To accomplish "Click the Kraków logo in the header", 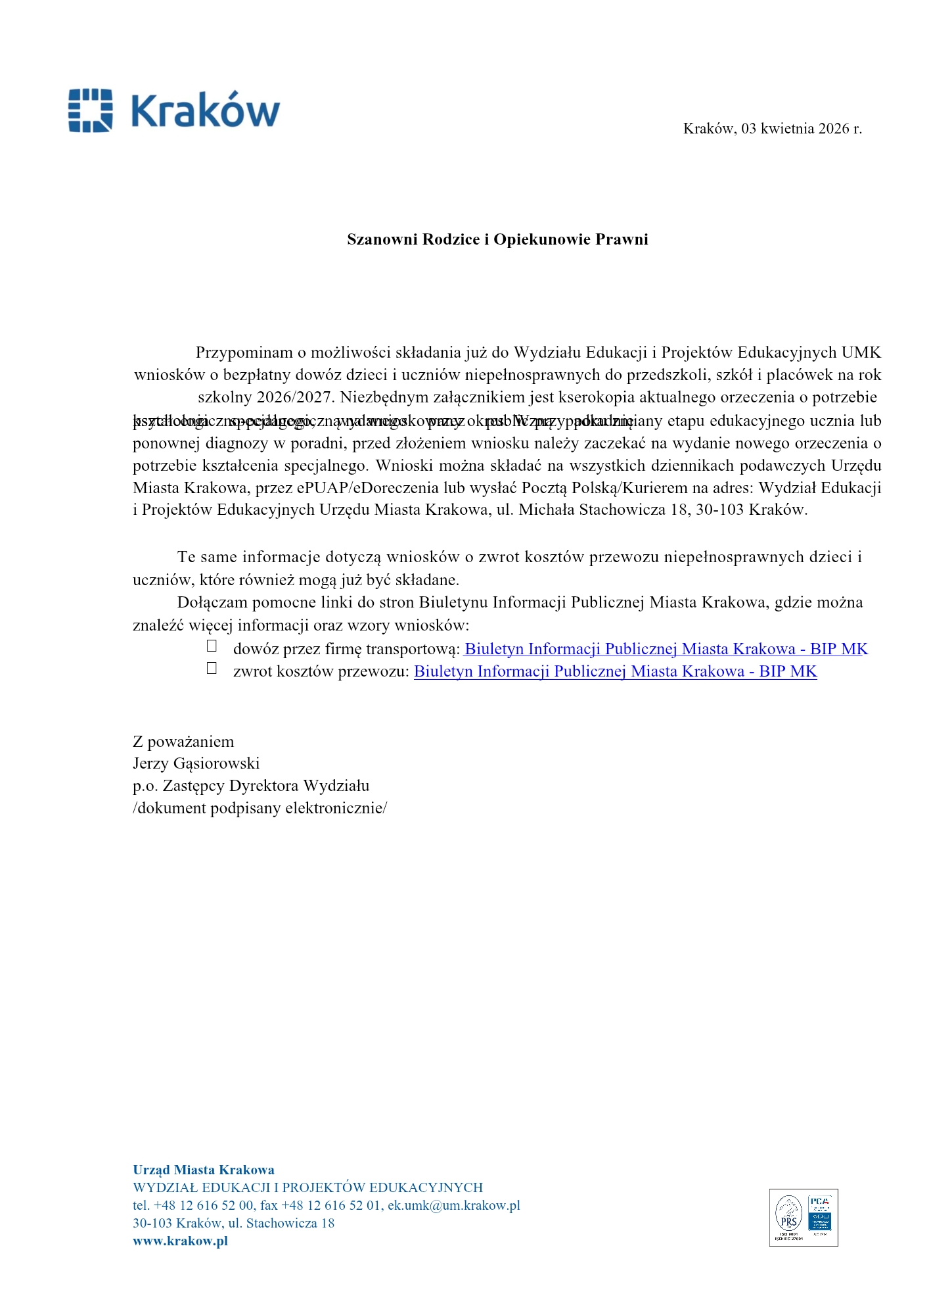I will point(174,110).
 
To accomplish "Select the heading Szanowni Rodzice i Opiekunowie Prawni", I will point(497,239).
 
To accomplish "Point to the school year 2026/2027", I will point(293,397).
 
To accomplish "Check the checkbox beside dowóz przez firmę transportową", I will point(212,646).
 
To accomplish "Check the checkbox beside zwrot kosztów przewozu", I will point(212,669).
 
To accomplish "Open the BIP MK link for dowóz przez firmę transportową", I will point(666,650).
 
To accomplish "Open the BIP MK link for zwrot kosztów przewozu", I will point(615,672).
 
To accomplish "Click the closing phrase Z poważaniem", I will point(183,742).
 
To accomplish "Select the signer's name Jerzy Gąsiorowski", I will point(196,763).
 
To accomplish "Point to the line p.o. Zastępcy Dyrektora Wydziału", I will point(251,786).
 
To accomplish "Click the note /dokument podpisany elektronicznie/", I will point(260,808).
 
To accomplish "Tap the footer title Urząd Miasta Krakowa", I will point(204,1170).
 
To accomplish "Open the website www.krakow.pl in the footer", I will point(180,1241).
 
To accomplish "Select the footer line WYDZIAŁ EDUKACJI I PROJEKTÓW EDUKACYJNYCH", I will point(307,1188).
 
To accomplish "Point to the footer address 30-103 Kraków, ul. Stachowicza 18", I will point(233,1224).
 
